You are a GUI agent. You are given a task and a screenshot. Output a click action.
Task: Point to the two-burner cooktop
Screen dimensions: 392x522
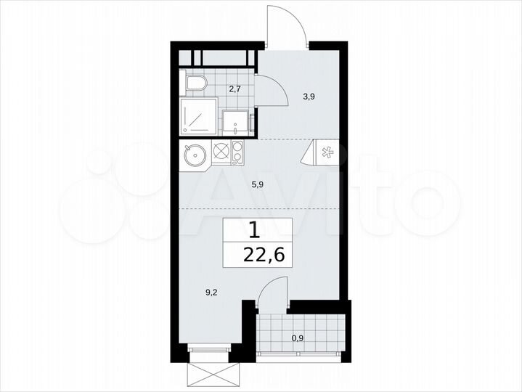pyautogui.click(x=237, y=153)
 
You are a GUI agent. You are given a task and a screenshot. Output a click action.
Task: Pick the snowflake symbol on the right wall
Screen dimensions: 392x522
pyautogui.click(x=327, y=152)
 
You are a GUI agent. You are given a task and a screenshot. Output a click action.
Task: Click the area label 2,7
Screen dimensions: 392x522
pyautogui.click(x=234, y=89)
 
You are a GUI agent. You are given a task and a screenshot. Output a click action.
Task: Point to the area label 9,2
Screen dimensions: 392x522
pyautogui.click(x=211, y=293)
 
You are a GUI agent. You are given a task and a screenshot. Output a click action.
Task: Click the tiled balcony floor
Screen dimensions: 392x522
pyautogui.click(x=319, y=319)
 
